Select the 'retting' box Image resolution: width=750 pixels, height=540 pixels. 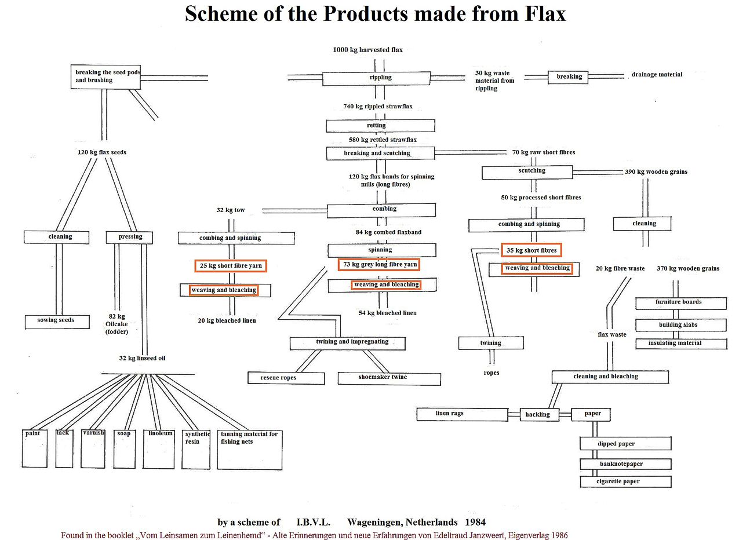(x=380, y=126)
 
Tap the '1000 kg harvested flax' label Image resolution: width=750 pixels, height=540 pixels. (x=367, y=50)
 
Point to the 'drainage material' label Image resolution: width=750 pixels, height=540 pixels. (x=657, y=75)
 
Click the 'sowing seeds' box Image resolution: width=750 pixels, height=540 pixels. (x=57, y=322)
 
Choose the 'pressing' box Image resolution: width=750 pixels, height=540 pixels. (x=130, y=237)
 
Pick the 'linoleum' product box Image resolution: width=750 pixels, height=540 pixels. (x=159, y=448)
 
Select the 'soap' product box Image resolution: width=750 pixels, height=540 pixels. (x=124, y=448)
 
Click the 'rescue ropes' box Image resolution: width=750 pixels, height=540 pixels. (x=286, y=378)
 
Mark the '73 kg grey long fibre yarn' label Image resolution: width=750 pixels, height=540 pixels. (x=380, y=265)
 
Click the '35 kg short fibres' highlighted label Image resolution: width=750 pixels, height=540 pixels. (x=531, y=250)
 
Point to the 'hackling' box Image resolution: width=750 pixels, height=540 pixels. (x=538, y=414)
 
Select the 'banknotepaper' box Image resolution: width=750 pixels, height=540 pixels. (x=625, y=464)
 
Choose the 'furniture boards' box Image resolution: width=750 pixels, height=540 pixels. (x=680, y=302)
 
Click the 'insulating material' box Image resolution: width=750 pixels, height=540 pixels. (x=680, y=343)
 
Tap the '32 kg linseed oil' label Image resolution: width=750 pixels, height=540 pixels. (x=142, y=359)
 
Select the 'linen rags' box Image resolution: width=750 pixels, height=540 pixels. (x=462, y=414)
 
